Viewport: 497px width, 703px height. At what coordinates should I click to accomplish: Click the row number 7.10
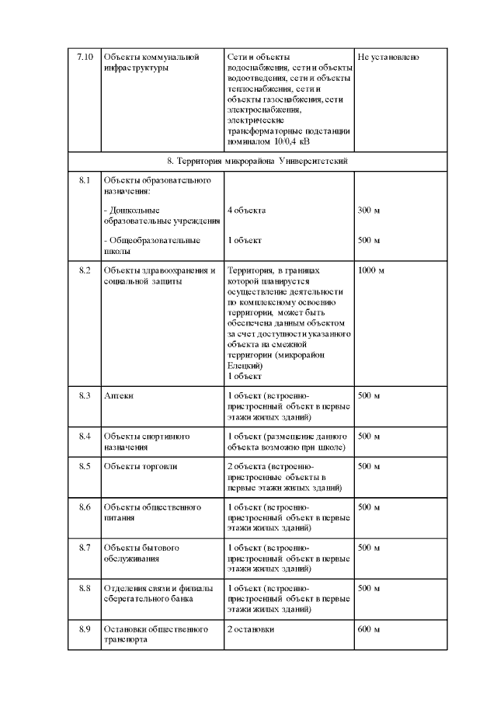click(x=85, y=57)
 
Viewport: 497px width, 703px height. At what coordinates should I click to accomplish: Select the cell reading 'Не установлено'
click(x=388, y=57)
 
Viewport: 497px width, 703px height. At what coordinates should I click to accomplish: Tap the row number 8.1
click(x=85, y=180)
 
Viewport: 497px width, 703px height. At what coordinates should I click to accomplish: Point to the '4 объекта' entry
click(x=246, y=211)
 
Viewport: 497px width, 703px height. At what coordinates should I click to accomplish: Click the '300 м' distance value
click(x=369, y=211)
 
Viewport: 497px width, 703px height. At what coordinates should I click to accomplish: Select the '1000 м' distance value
click(x=371, y=270)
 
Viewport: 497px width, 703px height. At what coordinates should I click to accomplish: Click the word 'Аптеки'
click(x=118, y=395)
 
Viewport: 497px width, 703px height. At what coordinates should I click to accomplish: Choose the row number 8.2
click(x=85, y=270)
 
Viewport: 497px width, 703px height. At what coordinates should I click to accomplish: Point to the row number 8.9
click(x=85, y=628)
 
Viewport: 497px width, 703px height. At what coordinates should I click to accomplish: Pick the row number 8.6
click(x=85, y=507)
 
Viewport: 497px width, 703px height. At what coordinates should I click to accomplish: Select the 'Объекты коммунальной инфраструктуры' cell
click(x=151, y=62)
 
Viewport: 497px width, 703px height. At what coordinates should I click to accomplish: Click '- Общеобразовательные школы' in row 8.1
click(x=151, y=245)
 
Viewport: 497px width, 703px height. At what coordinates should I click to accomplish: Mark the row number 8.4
click(x=85, y=436)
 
